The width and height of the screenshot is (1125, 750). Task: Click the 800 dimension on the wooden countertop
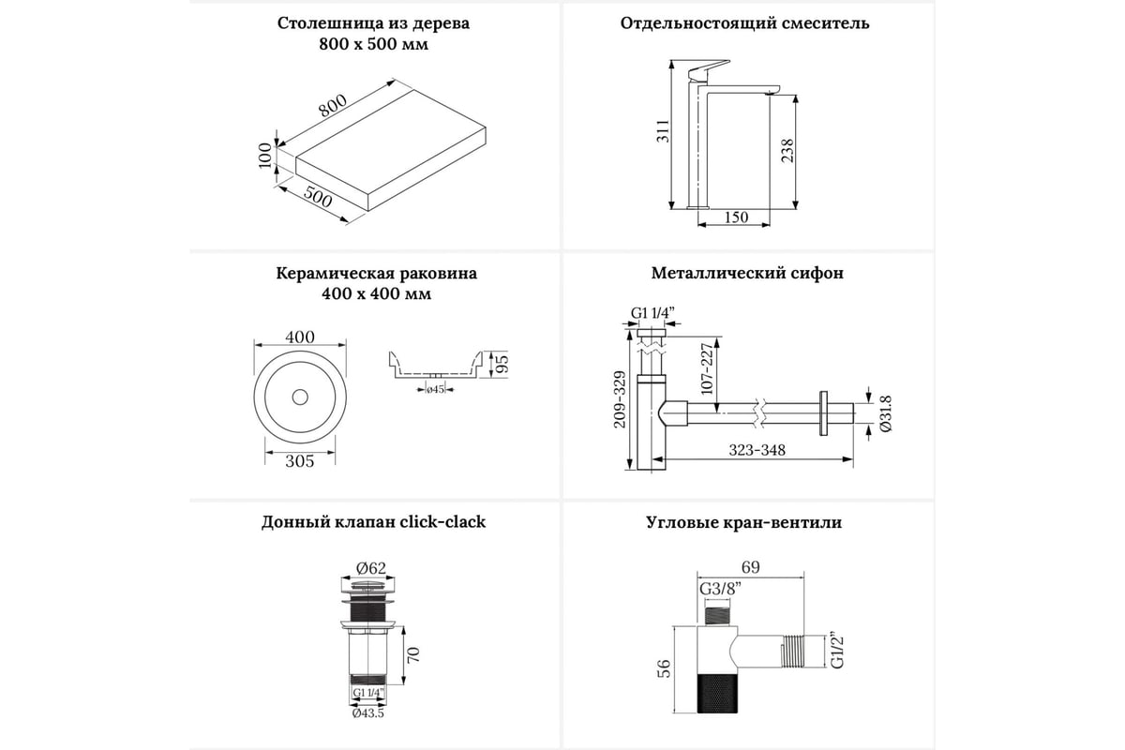tap(333, 107)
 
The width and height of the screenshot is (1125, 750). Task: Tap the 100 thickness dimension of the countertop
tap(266, 155)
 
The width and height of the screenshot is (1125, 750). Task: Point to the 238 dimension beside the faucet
tap(787, 150)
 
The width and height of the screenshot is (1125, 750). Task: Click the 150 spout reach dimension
tap(737, 217)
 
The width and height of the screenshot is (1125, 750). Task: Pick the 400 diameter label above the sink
tap(299, 337)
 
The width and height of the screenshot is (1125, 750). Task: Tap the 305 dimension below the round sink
tap(299, 460)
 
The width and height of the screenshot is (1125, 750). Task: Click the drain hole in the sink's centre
tap(300, 397)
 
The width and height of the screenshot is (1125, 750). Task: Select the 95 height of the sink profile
tap(501, 362)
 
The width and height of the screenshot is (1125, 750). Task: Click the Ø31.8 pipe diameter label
tap(886, 412)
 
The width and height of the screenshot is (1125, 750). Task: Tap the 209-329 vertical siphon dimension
tap(618, 399)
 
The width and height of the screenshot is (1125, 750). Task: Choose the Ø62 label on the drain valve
tap(372, 567)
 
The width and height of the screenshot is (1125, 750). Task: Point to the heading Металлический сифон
tap(747, 274)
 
